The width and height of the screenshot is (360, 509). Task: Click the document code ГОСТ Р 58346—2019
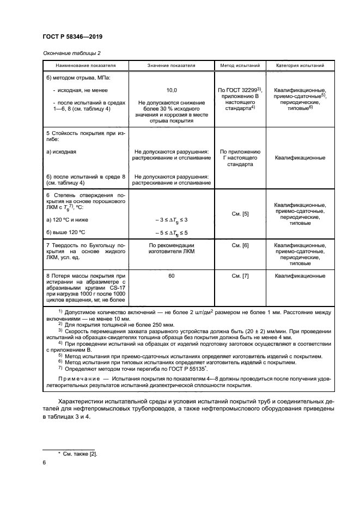tap(72, 36)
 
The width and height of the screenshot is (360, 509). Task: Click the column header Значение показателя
tap(171, 66)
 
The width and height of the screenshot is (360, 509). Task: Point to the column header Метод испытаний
tap(240, 66)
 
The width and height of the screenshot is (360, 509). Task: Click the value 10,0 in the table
tap(171, 90)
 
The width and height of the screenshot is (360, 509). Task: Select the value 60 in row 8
tap(171, 277)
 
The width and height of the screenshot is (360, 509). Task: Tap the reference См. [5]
tap(240, 214)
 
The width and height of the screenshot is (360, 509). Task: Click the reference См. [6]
tap(240, 246)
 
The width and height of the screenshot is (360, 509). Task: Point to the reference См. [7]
tap(240, 277)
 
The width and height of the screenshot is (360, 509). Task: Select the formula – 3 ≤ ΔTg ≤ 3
tap(171, 219)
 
